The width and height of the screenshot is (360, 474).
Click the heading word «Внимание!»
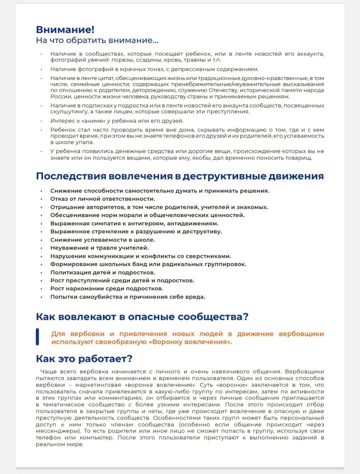pos(65,30)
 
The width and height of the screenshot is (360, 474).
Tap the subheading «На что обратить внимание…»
pos(97,40)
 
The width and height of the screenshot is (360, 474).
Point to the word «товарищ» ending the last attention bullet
pos(299,158)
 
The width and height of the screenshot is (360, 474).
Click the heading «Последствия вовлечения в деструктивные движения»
pos(180,176)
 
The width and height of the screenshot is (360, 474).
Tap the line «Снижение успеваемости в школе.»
pos(103,240)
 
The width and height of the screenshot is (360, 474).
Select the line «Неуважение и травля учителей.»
pos(99,248)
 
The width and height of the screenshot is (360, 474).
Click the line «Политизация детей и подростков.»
pos(103,273)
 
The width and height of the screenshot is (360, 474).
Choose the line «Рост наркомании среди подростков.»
pos(107,289)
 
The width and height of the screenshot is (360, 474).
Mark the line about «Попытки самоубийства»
pos(127,297)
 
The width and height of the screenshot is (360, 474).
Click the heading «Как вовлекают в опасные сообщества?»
pos(142,317)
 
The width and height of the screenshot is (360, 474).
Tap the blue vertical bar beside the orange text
pos(37,337)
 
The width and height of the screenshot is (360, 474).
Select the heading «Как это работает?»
pos(84,359)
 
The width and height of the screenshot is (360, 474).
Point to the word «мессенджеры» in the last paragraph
pos(57,431)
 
